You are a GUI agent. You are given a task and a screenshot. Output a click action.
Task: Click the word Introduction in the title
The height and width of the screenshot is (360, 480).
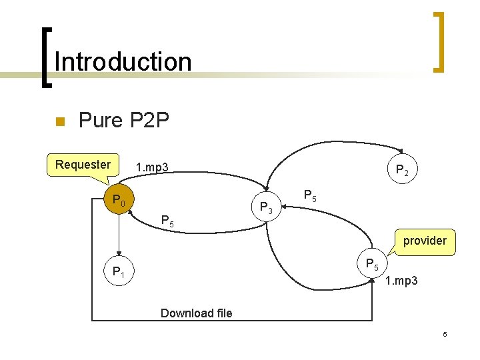123,62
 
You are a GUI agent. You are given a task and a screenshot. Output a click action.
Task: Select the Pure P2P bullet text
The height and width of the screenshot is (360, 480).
124,121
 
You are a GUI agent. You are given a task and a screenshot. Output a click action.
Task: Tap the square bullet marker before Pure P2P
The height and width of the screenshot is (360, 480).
58,122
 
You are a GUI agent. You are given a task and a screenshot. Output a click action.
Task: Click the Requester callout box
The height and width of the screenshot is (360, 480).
83,165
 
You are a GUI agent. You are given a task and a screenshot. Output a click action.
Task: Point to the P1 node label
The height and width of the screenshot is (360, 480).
121,272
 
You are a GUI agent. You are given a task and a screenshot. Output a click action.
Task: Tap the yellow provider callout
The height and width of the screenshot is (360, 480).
425,241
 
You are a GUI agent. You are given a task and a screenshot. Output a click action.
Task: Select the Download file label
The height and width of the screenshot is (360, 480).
197,313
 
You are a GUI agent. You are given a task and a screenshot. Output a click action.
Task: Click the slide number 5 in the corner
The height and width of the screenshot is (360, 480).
445,333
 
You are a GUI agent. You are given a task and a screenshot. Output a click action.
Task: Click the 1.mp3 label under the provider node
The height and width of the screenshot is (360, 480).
402,281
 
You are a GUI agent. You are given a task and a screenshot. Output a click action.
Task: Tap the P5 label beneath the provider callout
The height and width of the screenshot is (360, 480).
372,264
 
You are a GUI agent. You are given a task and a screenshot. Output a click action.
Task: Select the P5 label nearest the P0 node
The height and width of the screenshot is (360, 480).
168,221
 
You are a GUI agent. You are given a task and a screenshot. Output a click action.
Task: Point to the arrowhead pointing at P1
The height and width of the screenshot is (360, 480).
119,254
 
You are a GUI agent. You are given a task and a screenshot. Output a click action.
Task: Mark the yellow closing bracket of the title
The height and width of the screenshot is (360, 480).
439,41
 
